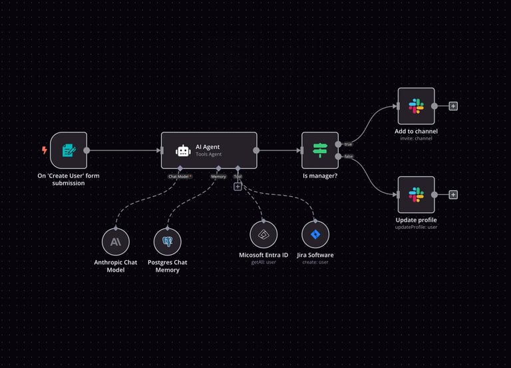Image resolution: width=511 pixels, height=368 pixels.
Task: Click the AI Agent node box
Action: coord(209,150)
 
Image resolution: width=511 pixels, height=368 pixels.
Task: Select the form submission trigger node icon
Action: coord(69,150)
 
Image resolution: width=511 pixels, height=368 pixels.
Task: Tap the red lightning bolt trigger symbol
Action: coord(45,150)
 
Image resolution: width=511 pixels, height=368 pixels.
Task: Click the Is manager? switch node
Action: coord(320,150)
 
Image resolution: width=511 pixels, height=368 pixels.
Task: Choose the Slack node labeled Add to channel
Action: coord(416,106)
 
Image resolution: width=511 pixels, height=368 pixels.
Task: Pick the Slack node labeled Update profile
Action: coord(416,194)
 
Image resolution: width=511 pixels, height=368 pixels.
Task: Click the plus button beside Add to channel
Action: coord(453,106)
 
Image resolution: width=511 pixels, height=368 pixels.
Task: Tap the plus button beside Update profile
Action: coord(453,194)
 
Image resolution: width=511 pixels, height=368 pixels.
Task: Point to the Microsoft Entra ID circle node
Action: coord(263,235)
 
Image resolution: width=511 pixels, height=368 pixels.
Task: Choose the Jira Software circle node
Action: coord(315,235)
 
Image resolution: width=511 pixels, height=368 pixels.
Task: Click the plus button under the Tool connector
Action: coord(238,187)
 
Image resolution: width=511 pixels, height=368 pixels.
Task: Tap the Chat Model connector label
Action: coord(180,176)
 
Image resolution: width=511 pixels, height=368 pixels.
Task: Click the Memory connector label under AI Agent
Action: coord(218,176)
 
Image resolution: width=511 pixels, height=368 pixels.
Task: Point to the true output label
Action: coord(348,144)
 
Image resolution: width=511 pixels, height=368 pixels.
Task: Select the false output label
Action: coord(349,156)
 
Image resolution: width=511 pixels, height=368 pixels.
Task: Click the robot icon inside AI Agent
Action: coord(183,150)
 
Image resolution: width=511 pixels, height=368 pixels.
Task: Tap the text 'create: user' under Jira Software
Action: coord(315,262)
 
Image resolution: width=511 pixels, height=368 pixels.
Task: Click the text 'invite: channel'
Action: coord(416,138)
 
